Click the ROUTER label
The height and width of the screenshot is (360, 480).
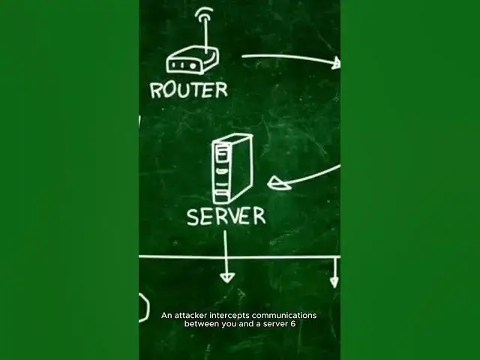[189, 90]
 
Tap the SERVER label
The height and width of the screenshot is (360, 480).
[226, 216]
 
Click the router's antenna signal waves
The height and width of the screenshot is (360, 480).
[205, 14]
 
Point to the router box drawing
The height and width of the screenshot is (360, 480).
[193, 60]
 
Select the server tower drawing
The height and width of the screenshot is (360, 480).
[232, 169]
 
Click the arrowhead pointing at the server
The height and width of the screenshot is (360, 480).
[277, 183]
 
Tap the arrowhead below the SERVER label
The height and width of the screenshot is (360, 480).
[226, 277]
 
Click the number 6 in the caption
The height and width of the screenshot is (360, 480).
[293, 324]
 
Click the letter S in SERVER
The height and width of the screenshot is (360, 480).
[193, 217]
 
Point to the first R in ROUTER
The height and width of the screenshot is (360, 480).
[156, 91]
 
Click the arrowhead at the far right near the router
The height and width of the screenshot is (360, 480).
[337, 62]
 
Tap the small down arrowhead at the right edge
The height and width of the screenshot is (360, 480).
[334, 282]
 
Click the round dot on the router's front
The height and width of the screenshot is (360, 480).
[193, 66]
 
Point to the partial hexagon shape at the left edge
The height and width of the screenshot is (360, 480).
[144, 307]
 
